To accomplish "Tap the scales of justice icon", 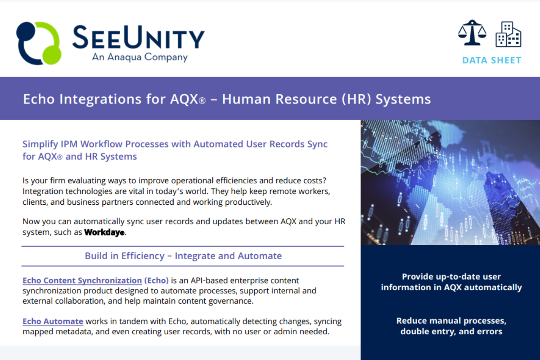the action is (472, 33).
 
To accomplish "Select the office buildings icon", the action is (508, 34).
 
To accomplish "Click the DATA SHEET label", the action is (492, 60).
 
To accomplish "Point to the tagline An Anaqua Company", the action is (140, 57).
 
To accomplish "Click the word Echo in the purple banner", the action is (39, 99).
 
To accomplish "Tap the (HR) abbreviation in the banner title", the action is (356, 99).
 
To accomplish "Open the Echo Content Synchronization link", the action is (82, 280).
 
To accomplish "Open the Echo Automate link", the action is (53, 321).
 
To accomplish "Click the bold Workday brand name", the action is (104, 232).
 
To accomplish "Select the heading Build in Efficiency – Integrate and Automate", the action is (183, 256).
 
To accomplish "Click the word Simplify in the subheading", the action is (40, 144).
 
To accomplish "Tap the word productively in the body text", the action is (248, 202).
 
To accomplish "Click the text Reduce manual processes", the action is (451, 321).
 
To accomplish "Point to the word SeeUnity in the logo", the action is (139, 37).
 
